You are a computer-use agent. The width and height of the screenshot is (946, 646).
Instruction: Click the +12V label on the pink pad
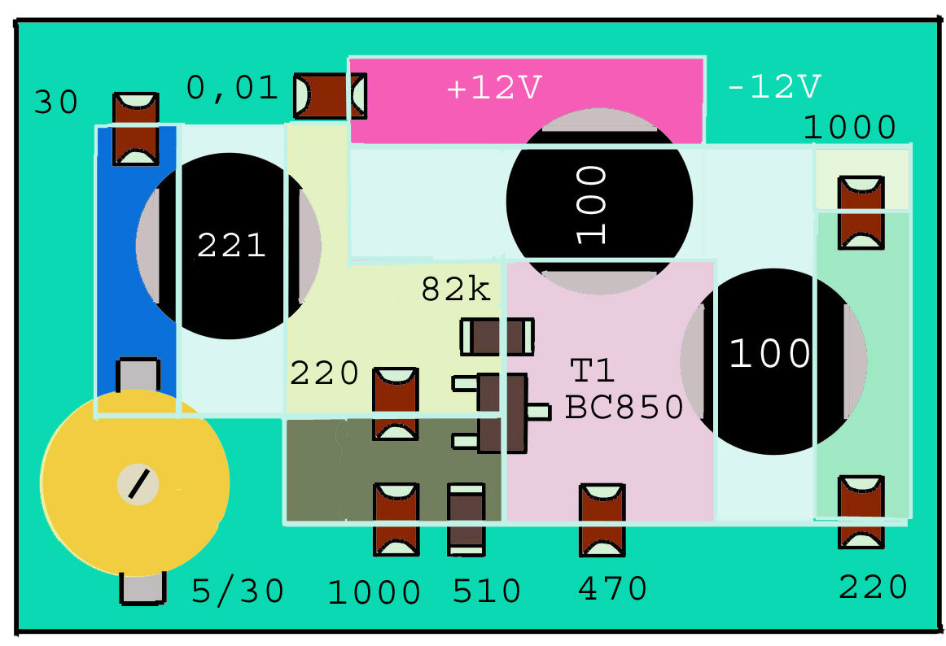pos(494,87)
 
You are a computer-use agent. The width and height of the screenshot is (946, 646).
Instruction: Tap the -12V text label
pos(774,87)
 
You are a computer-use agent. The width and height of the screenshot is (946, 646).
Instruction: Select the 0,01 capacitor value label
pos(232,88)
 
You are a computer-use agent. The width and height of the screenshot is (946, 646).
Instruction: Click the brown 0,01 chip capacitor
pos(330,96)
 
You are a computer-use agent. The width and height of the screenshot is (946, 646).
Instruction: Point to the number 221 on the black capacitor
pos(231,246)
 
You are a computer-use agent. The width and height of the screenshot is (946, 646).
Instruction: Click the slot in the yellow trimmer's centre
pos(138,484)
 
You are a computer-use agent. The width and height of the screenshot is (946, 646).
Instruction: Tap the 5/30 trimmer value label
pos(237,591)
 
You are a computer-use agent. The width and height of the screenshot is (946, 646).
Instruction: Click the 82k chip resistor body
pos(497,337)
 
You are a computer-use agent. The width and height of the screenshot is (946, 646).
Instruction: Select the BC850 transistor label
pos(624,407)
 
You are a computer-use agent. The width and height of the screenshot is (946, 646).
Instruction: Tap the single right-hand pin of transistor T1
pos(539,412)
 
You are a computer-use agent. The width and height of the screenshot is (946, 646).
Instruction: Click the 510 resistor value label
pos(486,591)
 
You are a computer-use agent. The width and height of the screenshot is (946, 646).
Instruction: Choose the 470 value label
pos(612,588)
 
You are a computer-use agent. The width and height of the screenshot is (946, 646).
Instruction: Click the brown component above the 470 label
pos(602,520)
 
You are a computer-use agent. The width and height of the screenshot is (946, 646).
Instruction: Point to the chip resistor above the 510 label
pos(466,519)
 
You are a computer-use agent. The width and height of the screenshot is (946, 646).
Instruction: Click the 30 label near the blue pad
pos(56,102)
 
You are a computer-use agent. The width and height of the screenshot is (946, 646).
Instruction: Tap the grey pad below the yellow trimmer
pos(142,588)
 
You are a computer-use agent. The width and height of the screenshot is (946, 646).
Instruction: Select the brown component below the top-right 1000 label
pos(861,212)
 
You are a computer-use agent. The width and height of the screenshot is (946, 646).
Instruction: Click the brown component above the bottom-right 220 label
pos(861,512)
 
